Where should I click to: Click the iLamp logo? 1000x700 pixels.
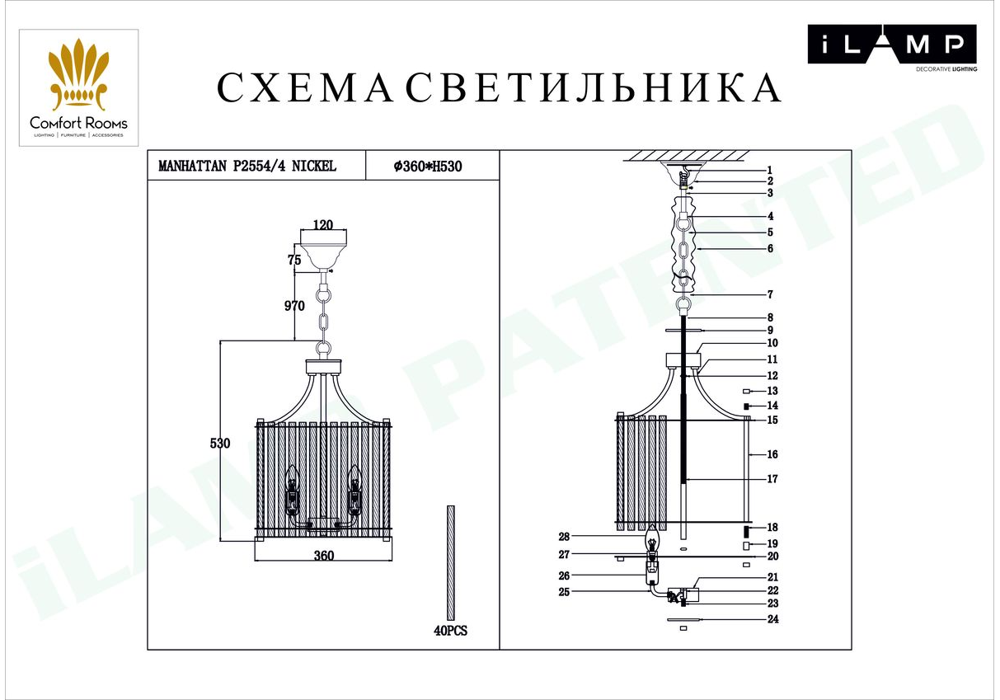[892, 48]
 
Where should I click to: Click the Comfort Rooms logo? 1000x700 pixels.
[78, 88]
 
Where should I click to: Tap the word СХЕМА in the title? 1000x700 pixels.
[305, 87]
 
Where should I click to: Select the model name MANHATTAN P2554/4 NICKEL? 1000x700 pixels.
[247, 166]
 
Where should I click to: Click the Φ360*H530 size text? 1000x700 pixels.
[428, 167]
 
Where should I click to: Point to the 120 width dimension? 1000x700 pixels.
[323, 224]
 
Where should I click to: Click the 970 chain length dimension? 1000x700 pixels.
[294, 306]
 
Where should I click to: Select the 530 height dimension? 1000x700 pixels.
[220, 444]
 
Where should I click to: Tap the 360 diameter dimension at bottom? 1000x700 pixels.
[324, 556]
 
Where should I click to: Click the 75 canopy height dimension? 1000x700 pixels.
[294, 260]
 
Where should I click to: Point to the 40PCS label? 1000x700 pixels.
[450, 631]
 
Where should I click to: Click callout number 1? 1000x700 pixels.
[770, 170]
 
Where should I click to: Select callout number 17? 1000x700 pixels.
[772, 479]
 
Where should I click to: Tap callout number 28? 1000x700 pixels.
[564, 537]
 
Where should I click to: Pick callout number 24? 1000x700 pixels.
[772, 619]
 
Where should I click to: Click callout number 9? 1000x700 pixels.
[770, 331]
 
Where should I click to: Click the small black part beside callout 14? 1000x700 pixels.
[746, 406]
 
